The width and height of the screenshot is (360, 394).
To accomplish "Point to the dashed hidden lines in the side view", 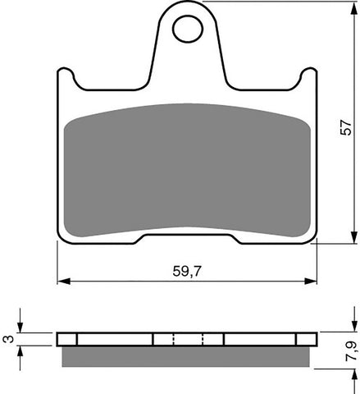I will click(x=187, y=339).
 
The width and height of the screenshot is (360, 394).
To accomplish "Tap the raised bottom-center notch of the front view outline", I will click(x=187, y=236).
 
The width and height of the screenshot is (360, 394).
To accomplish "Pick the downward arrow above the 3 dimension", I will click(x=23, y=328).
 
